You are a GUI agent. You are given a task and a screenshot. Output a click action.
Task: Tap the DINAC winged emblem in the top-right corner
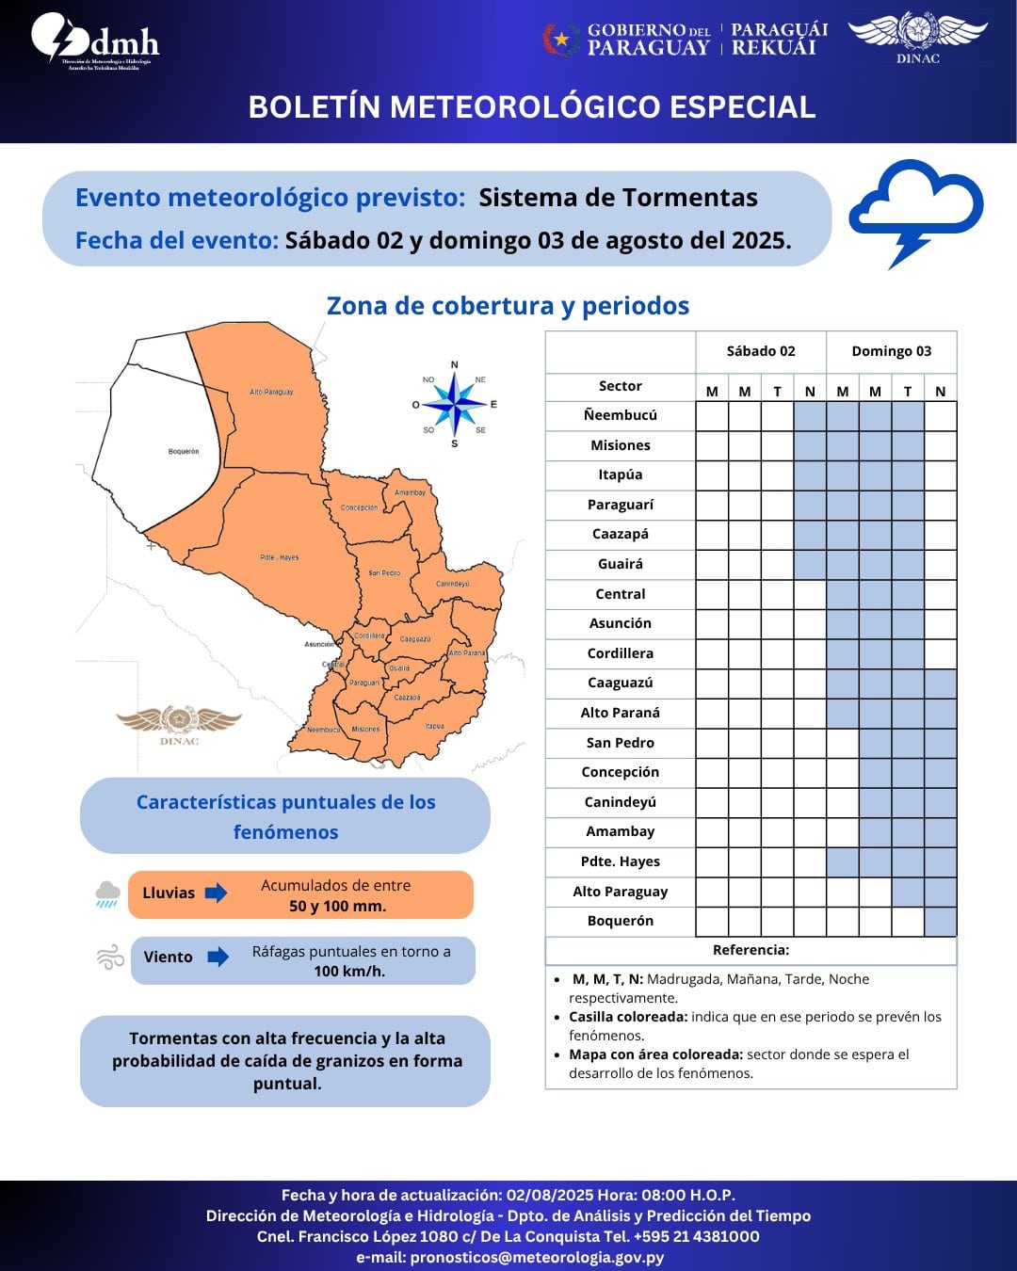point(917,36)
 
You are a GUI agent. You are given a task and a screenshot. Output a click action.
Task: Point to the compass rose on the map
point(455,405)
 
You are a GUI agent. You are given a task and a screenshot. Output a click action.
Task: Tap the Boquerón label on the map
point(184,451)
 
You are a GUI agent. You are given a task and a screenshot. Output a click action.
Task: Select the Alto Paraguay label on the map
point(271,392)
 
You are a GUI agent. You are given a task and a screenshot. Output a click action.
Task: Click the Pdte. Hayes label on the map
point(280,557)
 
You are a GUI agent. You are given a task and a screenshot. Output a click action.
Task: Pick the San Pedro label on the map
point(384,572)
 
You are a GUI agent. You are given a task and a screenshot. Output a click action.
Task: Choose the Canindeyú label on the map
point(453,584)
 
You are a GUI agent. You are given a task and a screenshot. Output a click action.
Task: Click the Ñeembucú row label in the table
point(620,415)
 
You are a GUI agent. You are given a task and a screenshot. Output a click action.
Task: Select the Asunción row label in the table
point(620,623)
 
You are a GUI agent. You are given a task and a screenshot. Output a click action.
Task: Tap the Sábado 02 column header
point(761,351)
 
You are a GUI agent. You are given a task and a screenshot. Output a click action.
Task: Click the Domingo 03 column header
point(891,351)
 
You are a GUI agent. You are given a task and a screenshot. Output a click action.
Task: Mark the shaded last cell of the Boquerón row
point(941,921)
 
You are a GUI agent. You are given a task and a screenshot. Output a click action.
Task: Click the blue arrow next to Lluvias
point(217,893)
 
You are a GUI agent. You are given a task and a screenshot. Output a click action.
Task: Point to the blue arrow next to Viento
point(218,957)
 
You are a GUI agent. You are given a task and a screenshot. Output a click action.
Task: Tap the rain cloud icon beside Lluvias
point(107,893)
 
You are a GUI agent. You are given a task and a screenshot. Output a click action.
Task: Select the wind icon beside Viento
point(110,957)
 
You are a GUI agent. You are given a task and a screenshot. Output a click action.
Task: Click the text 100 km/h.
point(349,972)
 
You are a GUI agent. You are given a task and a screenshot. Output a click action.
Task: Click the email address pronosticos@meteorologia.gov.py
point(537,1257)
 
